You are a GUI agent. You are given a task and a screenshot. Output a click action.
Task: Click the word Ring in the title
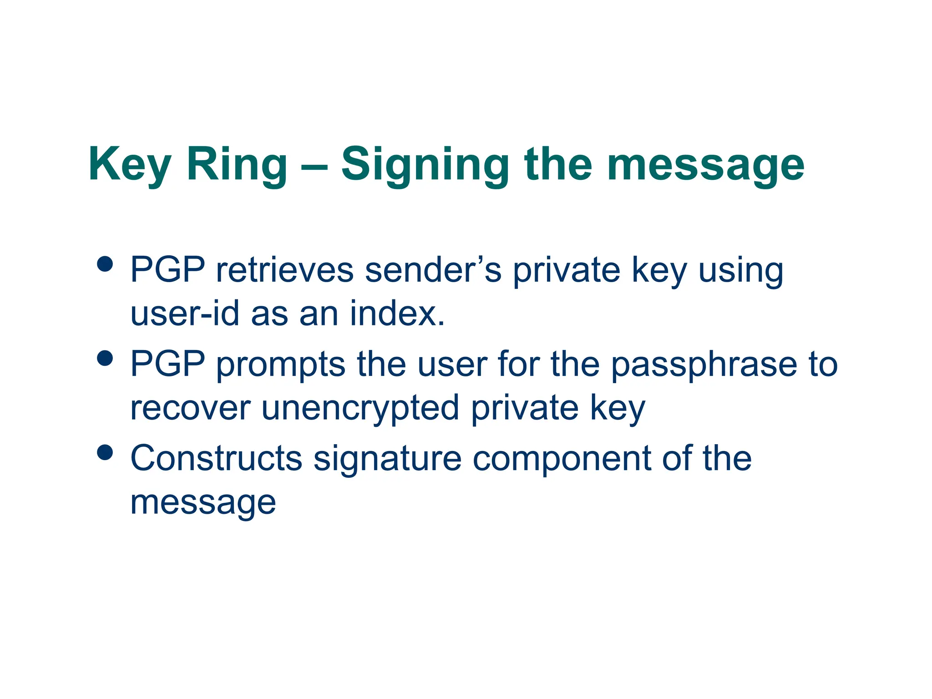point(237,165)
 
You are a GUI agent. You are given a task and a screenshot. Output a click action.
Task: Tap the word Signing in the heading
point(425,165)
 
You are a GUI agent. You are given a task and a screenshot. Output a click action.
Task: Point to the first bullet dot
point(105,264)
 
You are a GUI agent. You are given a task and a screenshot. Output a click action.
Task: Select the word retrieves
point(284,270)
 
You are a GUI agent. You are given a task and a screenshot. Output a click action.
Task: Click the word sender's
point(433,270)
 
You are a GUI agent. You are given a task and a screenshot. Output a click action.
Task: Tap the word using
point(740,270)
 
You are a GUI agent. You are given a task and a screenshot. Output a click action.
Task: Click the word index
point(397,314)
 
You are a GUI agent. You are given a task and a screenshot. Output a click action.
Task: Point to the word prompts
point(281,365)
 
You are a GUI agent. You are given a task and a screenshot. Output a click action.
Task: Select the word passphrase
point(704,365)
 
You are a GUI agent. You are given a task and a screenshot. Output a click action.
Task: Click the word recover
point(190,408)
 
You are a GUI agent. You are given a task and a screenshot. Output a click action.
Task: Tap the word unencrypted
point(360,408)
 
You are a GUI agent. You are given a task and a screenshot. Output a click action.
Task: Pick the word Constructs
point(216,458)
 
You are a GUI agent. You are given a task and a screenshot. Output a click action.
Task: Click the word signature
point(387,458)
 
